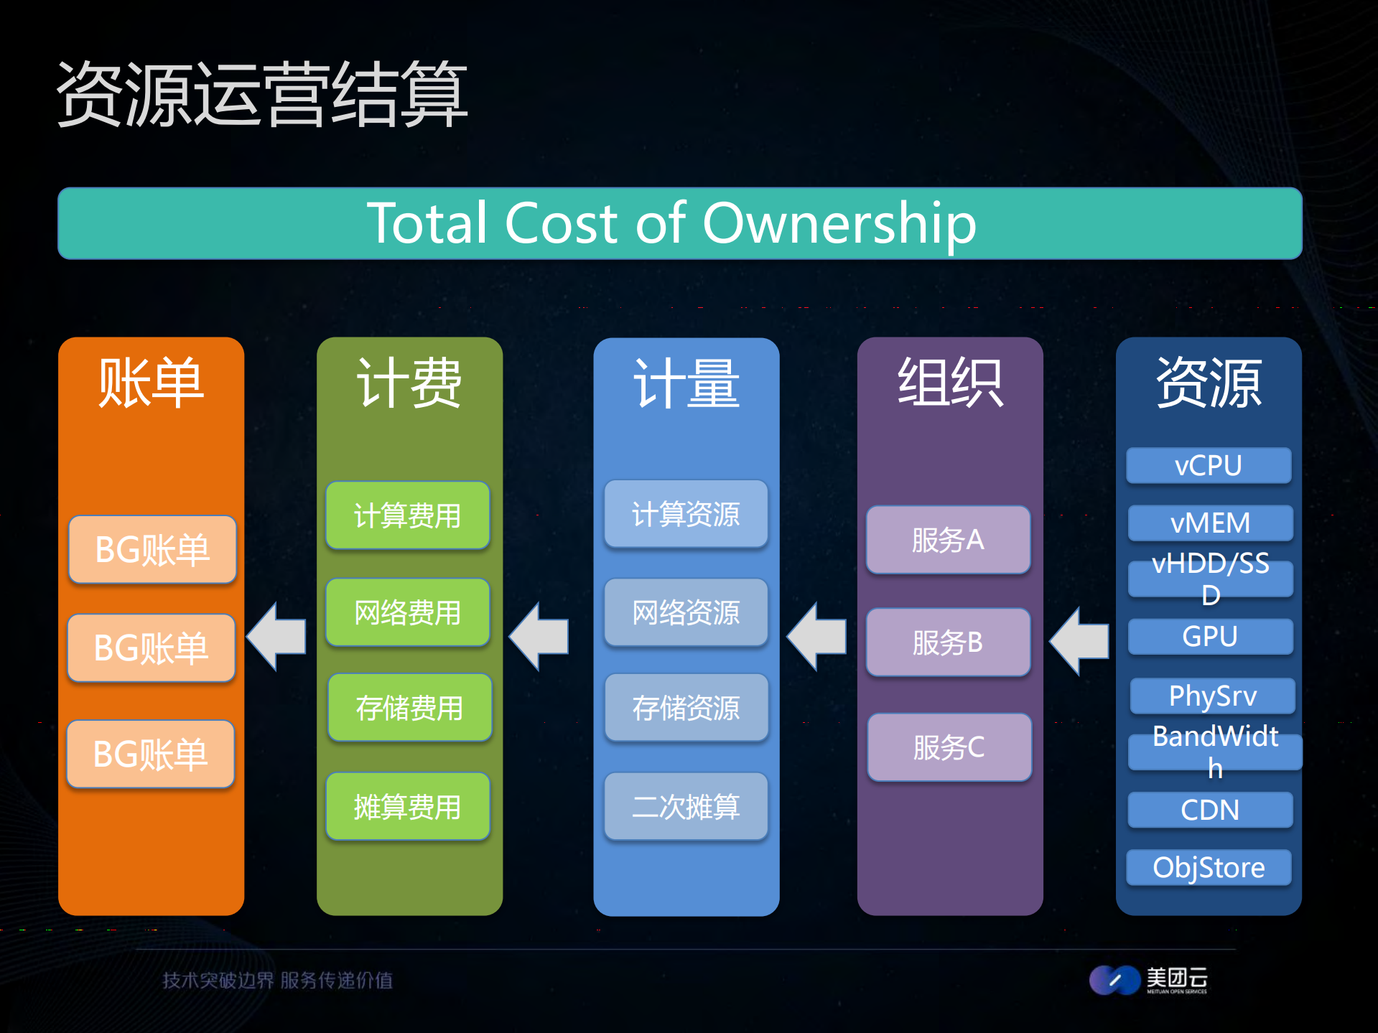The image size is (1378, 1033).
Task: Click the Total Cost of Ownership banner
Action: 679,223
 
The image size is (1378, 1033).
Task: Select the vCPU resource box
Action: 1209,465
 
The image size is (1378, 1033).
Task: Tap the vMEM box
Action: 1210,523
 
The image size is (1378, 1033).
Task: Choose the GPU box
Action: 1210,637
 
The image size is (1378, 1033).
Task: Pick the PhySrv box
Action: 1212,696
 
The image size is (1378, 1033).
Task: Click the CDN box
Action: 1210,810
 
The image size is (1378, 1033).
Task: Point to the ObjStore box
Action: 1209,867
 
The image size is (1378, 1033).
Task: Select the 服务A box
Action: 948,540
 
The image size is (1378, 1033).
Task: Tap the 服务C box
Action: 949,747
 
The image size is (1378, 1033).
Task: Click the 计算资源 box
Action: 686,514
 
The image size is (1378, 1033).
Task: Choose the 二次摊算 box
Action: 686,806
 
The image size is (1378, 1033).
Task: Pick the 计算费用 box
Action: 407,515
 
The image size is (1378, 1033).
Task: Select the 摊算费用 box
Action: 407,806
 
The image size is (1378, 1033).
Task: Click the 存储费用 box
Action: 409,708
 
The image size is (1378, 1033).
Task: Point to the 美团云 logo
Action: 1148,980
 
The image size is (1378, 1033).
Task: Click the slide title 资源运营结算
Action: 262,94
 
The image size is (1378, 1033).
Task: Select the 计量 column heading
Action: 686,383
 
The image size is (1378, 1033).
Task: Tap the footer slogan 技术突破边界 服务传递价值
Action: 277,980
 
